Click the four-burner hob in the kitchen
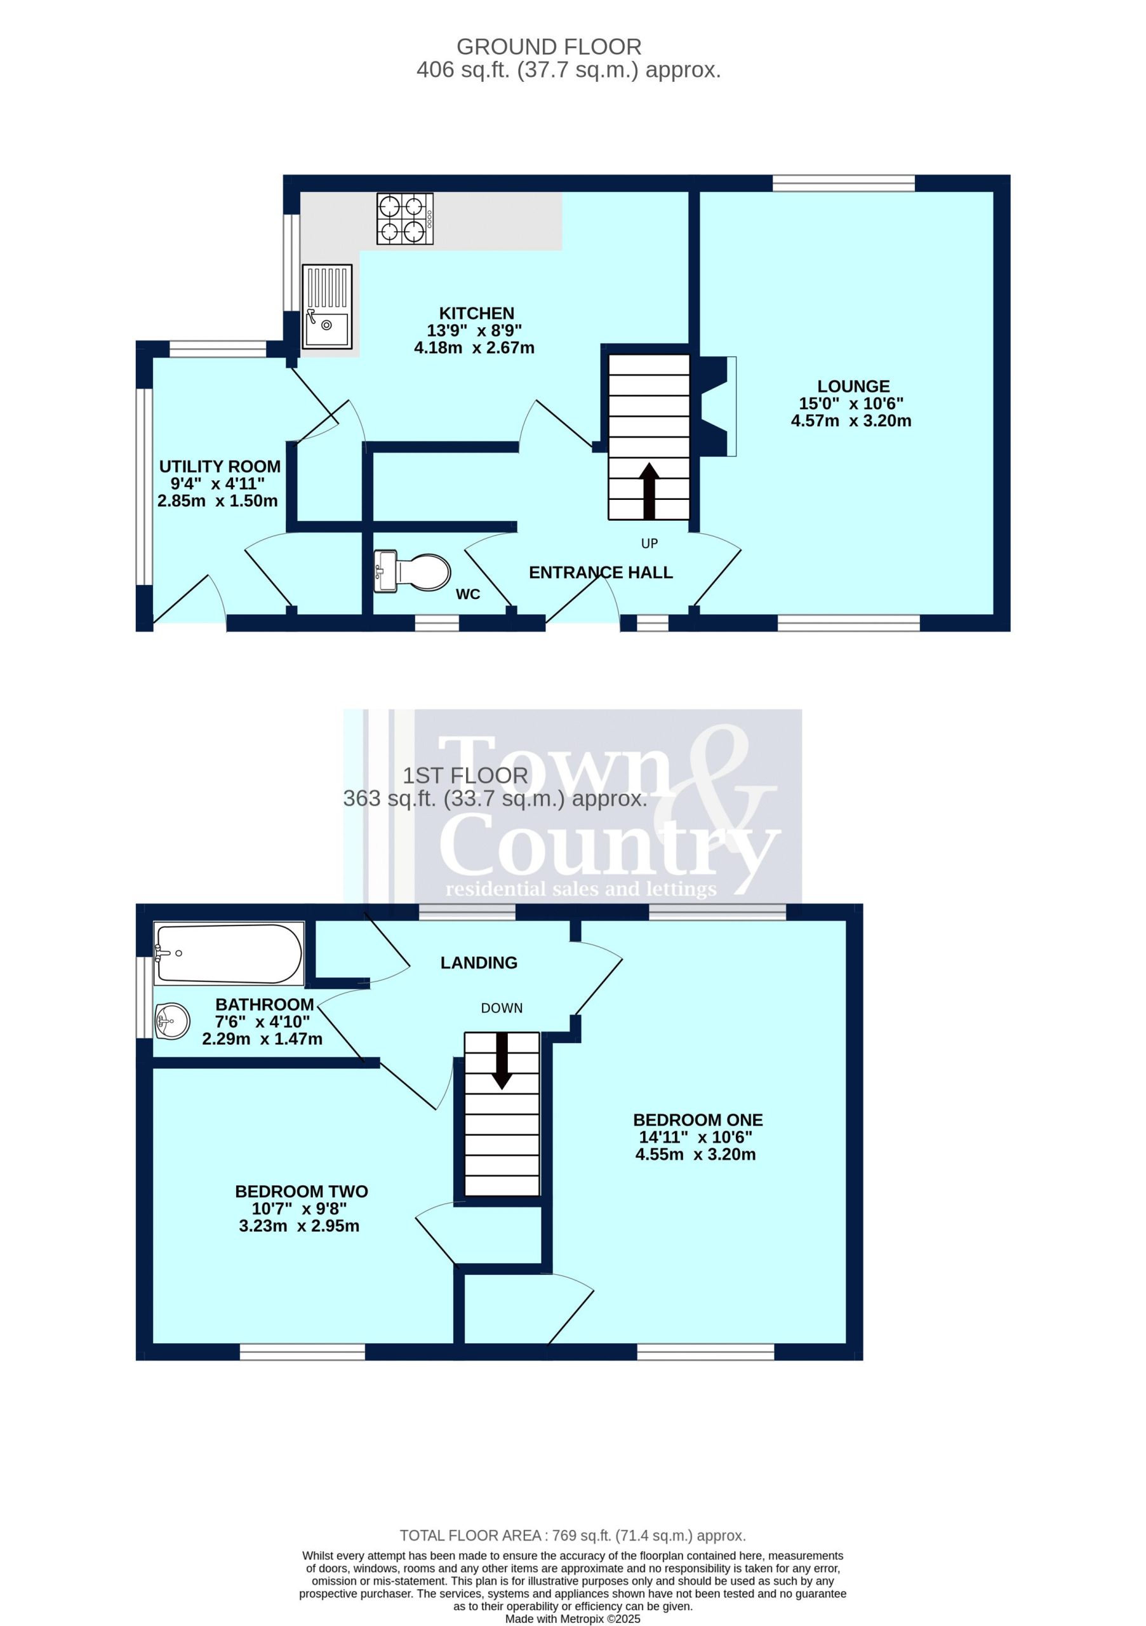(x=405, y=219)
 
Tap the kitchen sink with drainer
(x=327, y=307)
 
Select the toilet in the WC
(x=413, y=571)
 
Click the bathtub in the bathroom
(x=229, y=953)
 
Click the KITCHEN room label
(x=476, y=313)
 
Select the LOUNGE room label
(x=853, y=386)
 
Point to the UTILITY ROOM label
(x=220, y=466)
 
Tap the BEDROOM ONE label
(x=697, y=1120)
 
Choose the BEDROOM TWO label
(x=301, y=1191)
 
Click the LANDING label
(x=479, y=962)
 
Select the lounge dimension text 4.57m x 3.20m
(x=851, y=420)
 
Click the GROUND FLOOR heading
(x=549, y=47)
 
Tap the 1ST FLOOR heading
(x=465, y=776)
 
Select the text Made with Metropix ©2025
(x=573, y=1619)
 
